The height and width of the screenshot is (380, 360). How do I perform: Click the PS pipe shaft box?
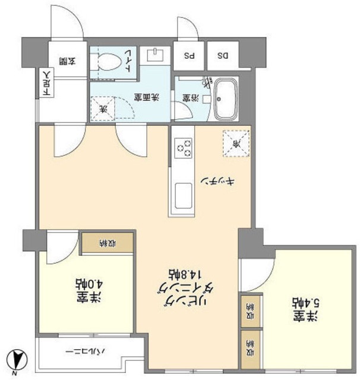(190, 56)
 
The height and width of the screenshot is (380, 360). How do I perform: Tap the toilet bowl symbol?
(109, 61)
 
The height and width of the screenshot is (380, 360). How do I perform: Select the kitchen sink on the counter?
(184, 195)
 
